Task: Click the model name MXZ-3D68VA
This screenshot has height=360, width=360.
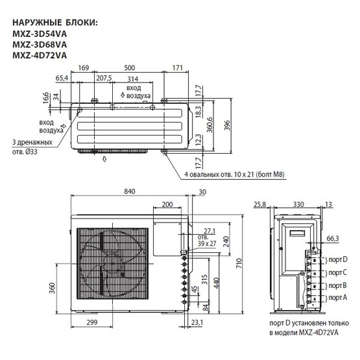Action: (40, 45)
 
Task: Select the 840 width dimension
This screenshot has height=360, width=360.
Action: (130, 191)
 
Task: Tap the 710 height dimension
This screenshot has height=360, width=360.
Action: (239, 263)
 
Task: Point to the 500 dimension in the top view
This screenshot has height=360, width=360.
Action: (130, 68)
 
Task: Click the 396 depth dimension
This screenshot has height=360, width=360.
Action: (227, 125)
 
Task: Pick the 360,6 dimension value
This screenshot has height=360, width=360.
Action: (210, 125)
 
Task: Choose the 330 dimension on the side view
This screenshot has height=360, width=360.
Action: (298, 204)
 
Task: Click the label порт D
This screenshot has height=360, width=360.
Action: (338, 259)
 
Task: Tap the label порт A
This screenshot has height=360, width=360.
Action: (338, 298)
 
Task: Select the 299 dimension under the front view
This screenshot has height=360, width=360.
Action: (92, 322)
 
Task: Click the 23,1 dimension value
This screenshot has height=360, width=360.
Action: (197, 322)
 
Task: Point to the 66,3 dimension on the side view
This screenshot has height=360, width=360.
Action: (333, 239)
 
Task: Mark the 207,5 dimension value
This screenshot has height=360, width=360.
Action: (104, 78)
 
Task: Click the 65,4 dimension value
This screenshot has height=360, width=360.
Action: (62, 78)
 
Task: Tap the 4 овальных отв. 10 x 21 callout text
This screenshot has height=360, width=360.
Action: (234, 174)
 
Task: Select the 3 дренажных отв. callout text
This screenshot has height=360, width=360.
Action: (32, 147)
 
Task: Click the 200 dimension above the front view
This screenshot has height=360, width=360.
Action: (167, 204)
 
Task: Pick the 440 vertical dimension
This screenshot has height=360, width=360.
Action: (216, 283)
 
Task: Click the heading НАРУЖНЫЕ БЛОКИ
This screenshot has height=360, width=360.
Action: (55, 23)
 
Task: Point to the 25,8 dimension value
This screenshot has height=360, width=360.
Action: (260, 204)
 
